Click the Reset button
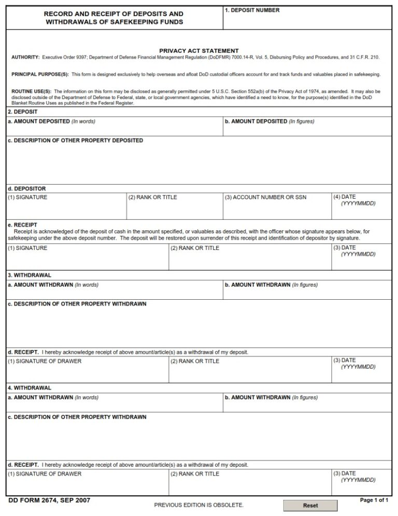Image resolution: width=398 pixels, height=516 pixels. click(310, 505)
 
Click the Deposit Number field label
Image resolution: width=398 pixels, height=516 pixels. click(252, 10)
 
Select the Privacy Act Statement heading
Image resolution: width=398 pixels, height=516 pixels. click(198, 51)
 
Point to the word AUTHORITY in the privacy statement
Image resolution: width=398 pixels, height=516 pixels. click(25, 57)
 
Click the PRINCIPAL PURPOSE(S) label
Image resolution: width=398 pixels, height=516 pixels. click(39, 74)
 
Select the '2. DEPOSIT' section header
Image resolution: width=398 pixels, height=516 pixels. click(22, 111)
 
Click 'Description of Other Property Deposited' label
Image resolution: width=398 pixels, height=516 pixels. click(75, 141)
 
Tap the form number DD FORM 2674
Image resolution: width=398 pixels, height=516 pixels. click(49, 500)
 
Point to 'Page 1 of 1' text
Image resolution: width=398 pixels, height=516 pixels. click(374, 500)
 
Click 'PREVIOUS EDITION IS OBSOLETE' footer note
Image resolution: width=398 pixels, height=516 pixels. click(198, 505)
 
